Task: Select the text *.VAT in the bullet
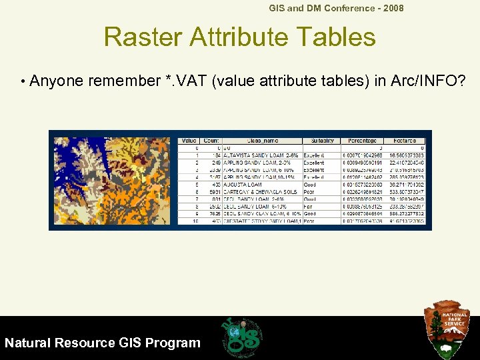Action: pyautogui.click(x=185, y=81)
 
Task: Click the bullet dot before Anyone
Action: pyautogui.click(x=23, y=82)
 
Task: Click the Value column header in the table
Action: pyautogui.click(x=189, y=141)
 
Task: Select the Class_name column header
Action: pyautogui.click(x=262, y=141)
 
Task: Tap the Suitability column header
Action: pyautogui.click(x=321, y=141)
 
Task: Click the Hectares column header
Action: pyautogui.click(x=405, y=141)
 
